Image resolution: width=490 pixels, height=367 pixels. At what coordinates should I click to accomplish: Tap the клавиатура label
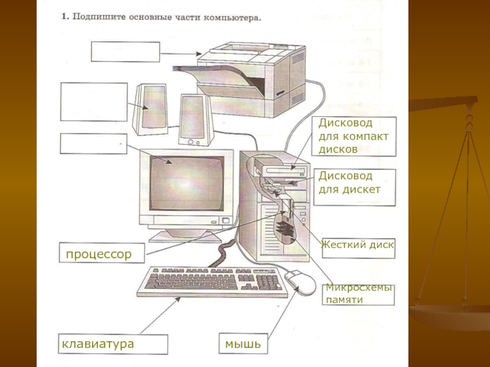[x=98, y=344]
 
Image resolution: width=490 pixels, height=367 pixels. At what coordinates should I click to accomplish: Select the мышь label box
[x=243, y=344]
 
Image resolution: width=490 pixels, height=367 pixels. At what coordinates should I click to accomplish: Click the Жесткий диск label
[x=358, y=246]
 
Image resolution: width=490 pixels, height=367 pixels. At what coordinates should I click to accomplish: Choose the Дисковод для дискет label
[x=349, y=182]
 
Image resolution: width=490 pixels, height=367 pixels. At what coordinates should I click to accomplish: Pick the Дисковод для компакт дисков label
[x=353, y=135]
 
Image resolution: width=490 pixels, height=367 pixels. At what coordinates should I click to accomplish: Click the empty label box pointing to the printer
[x=126, y=52]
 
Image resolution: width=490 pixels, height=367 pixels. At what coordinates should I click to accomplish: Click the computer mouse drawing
[x=301, y=282]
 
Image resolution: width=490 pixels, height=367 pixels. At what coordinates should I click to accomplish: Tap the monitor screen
[x=187, y=184]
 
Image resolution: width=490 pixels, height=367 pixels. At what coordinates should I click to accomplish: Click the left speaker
[x=149, y=108]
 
